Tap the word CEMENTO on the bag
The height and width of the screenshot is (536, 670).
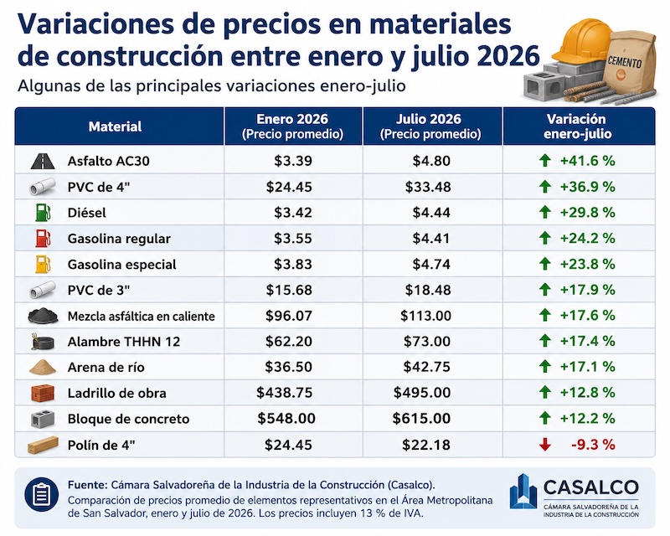pos(624,61)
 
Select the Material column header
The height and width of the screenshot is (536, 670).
pos(115,126)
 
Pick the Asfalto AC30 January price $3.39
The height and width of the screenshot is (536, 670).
pos(293,161)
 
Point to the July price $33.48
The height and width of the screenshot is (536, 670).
pos(428,187)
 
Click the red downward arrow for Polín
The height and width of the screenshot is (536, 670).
pos(544,445)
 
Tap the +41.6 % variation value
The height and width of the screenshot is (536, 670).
pos(588,161)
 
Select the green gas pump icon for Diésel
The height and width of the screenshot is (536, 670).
pos(44,213)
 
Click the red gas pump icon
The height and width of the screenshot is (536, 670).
pos(44,239)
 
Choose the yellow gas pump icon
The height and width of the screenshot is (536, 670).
pos(44,264)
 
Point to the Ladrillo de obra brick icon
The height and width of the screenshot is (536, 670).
pos(43,394)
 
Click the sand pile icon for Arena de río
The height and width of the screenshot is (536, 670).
pos(43,367)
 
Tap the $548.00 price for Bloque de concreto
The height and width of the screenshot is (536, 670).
pos(286,419)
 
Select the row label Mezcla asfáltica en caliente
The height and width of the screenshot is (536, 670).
pos(141,317)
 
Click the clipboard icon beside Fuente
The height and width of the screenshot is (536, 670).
pos(41,494)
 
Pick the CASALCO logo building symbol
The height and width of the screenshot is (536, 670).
pos(523,492)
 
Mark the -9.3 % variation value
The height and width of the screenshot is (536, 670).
pos(593,445)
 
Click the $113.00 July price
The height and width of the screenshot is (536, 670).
pos(425,316)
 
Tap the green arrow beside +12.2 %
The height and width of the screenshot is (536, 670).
pos(545,418)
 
